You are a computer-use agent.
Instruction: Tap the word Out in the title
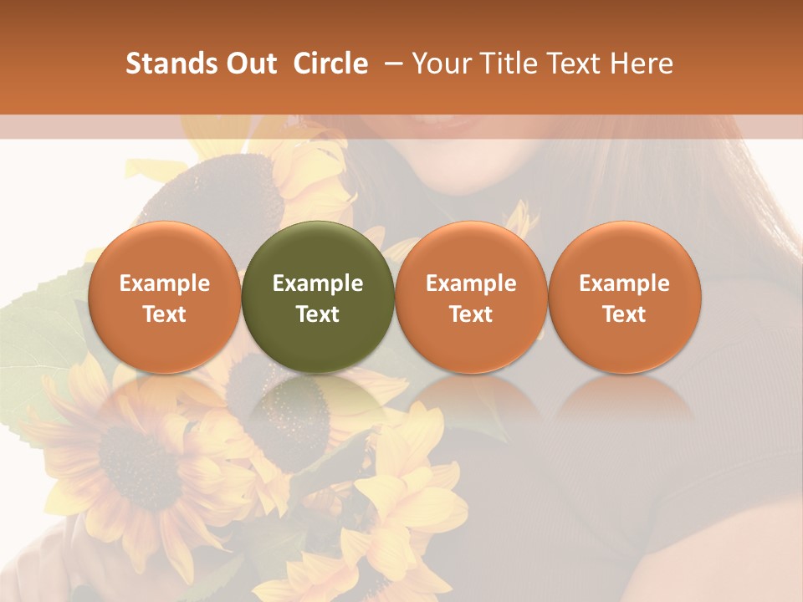pyautogui.click(x=249, y=64)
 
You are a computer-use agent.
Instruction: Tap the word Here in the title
pyautogui.click(x=642, y=64)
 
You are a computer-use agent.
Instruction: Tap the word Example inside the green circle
pyautogui.click(x=318, y=283)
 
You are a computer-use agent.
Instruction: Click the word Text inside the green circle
pyautogui.click(x=318, y=314)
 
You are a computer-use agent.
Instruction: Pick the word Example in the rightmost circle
pyautogui.click(x=624, y=283)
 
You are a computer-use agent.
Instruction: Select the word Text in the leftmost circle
pyautogui.click(x=164, y=314)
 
